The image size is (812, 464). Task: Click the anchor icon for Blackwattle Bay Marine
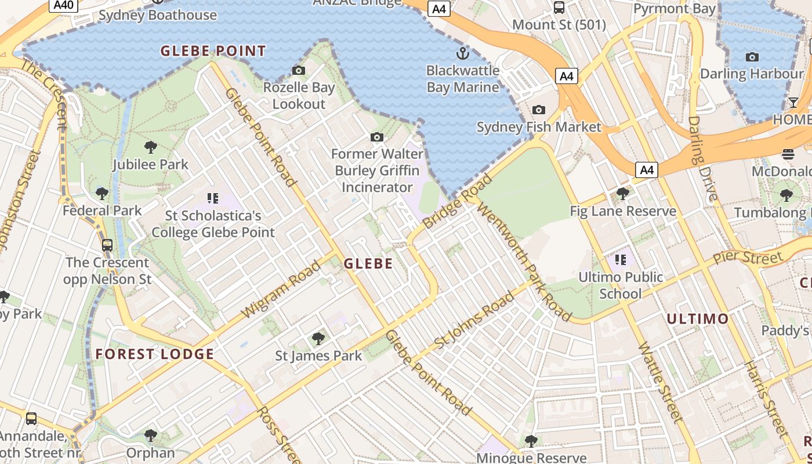(462, 54)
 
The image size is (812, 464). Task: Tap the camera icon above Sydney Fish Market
(539, 110)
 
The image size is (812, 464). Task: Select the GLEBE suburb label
(368, 264)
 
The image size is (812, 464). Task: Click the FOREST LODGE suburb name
(155, 354)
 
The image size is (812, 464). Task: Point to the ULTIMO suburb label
(697, 318)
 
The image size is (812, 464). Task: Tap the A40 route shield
(63, 5)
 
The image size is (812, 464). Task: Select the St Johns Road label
(474, 321)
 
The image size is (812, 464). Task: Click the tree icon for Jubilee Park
(151, 147)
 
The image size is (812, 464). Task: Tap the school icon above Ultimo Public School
(621, 260)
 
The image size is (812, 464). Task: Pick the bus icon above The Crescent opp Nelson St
(107, 245)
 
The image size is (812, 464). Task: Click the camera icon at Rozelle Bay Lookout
(299, 71)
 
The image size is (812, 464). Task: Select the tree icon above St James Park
(318, 338)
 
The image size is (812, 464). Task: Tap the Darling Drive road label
(703, 158)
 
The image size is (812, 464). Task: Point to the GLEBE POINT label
(213, 51)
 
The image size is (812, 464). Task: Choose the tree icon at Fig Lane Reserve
(623, 193)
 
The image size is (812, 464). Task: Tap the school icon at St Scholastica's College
(213, 198)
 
